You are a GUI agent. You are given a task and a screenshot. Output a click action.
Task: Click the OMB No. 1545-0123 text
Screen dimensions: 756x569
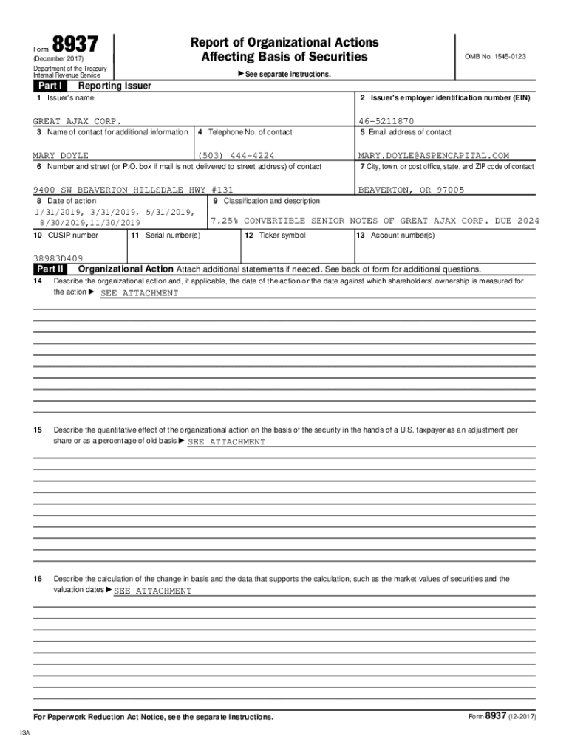pyautogui.click(x=495, y=56)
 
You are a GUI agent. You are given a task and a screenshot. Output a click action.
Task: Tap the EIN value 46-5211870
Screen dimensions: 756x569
pyautogui.click(x=386, y=121)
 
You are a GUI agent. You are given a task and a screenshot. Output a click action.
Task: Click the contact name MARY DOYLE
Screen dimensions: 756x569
pyautogui.click(x=61, y=156)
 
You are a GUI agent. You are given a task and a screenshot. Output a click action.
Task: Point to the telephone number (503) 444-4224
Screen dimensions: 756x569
pyautogui.click(x=237, y=156)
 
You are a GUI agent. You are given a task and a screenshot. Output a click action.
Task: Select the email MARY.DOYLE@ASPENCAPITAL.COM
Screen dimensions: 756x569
pyautogui.click(x=434, y=156)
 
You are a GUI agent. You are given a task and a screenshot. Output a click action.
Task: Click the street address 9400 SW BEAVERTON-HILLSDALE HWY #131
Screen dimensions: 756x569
pyautogui.click(x=133, y=190)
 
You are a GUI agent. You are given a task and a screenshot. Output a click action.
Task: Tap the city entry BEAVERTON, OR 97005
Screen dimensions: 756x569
pyautogui.click(x=411, y=190)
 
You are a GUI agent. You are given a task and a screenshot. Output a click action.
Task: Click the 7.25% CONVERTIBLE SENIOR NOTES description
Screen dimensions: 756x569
pyautogui.click(x=375, y=221)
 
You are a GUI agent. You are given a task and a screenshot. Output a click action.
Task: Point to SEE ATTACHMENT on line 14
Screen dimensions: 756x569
pyautogui.click(x=139, y=293)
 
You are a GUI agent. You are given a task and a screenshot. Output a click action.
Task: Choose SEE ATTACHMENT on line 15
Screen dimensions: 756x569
pyautogui.click(x=226, y=441)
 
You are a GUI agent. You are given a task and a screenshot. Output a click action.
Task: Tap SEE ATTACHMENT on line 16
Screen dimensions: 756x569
pyautogui.click(x=152, y=591)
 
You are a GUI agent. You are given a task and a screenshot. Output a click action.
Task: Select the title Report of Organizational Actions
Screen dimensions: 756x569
pyautogui.click(x=284, y=42)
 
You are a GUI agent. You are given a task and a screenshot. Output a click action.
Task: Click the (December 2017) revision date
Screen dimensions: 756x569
pyautogui.click(x=58, y=58)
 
